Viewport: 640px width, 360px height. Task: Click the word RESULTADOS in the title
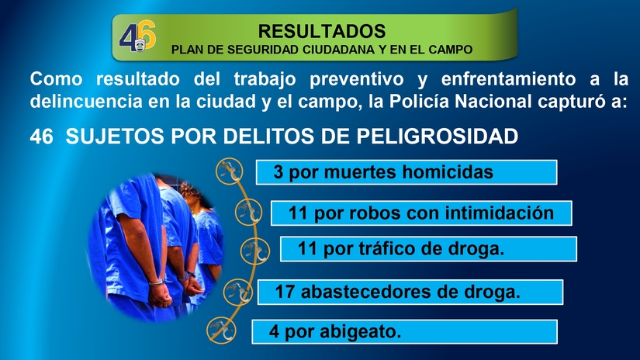(321, 31)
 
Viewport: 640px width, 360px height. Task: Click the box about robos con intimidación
(420, 213)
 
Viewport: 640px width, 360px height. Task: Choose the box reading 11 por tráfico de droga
(428, 249)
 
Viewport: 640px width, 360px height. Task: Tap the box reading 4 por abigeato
(405, 332)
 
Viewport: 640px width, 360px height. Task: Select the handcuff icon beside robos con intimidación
(246, 212)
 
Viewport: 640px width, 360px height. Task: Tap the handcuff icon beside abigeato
(220, 331)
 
